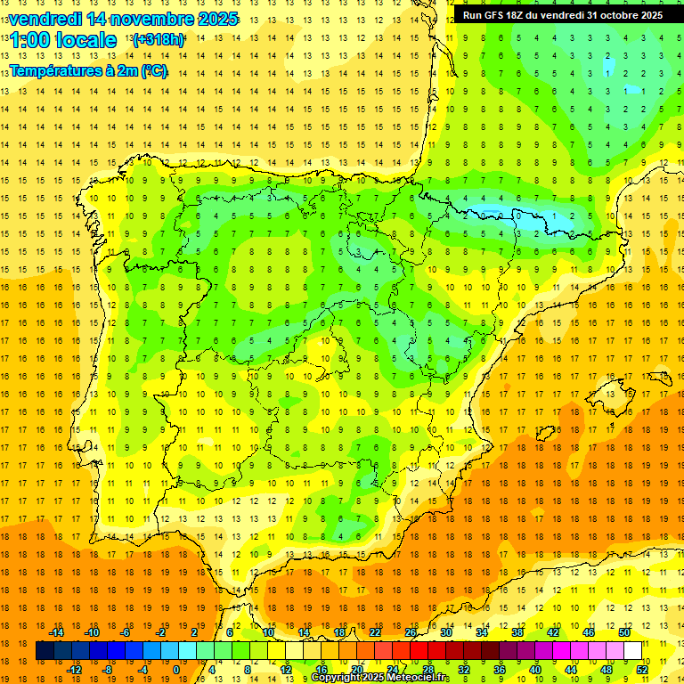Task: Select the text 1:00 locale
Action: click(63, 40)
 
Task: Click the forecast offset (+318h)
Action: click(159, 40)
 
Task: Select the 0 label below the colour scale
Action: click(175, 670)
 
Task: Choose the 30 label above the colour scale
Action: click(445, 632)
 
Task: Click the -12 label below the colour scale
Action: click(75, 670)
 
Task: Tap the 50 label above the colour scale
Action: click(623, 632)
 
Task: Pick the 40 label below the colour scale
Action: click(535, 670)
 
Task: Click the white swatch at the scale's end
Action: click(632, 651)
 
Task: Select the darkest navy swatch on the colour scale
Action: click(45, 651)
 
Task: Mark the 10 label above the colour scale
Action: click(268, 632)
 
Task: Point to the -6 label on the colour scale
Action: click(126, 632)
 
